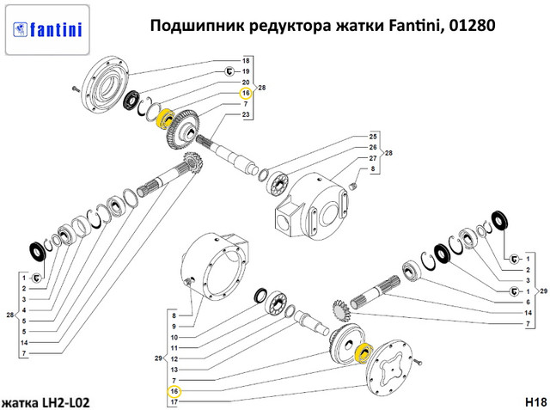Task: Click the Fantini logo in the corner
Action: (x=47, y=30)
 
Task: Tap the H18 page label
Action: (x=536, y=402)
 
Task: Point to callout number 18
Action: (x=246, y=61)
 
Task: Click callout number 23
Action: (x=246, y=114)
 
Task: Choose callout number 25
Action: (x=373, y=137)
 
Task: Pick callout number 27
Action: (x=373, y=158)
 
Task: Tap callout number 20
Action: (x=246, y=82)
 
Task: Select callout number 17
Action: (x=174, y=402)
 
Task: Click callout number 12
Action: (x=174, y=358)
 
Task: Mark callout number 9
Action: (x=174, y=327)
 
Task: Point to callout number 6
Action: (x=529, y=302)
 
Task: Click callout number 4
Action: (x=24, y=310)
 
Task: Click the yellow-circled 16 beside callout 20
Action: (x=246, y=94)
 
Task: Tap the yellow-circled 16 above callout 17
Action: (x=174, y=391)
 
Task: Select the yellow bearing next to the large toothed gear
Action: (x=165, y=119)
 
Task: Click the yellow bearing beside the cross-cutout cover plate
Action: (x=364, y=352)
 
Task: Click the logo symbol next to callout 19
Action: (x=229, y=71)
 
